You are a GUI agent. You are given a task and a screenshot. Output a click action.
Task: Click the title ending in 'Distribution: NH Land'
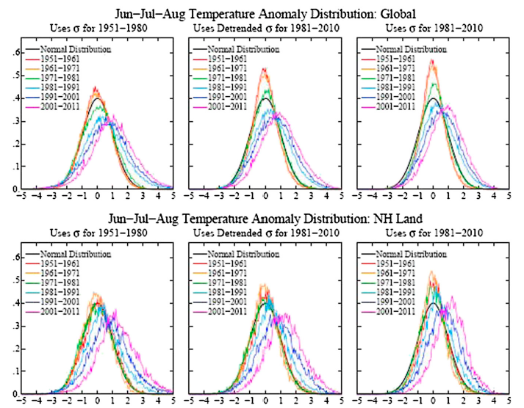(261, 218)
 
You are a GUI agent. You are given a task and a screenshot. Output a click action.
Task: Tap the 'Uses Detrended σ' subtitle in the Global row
(265, 29)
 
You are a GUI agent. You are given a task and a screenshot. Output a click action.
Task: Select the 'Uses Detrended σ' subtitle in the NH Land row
(265, 233)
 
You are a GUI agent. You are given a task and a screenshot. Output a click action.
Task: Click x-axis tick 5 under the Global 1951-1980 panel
(173, 197)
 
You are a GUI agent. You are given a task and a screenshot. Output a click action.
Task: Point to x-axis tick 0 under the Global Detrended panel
(265, 197)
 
